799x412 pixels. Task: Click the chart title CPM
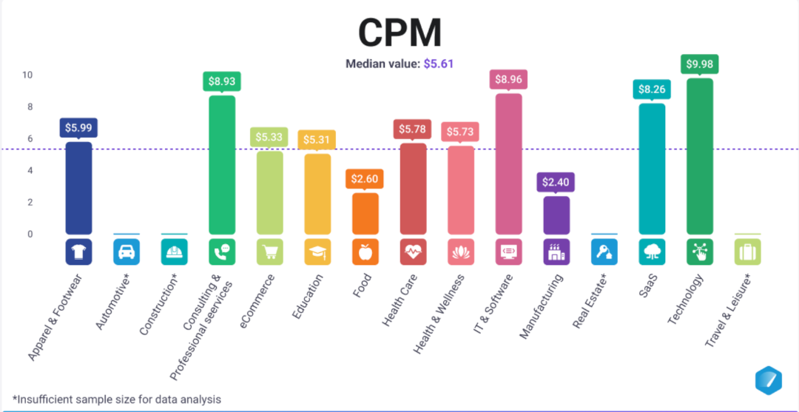pos(399,32)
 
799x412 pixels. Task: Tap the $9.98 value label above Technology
pos(699,64)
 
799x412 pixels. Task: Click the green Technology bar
pos(699,156)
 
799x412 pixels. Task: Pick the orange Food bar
pos(365,213)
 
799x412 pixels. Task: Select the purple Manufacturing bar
pos(556,215)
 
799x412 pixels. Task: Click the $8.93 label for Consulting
pos(222,81)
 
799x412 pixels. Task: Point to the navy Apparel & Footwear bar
pos(78,188)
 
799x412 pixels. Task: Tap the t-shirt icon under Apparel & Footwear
pos(78,252)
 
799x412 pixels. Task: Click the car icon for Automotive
pos(126,252)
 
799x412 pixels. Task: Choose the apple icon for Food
pos(365,252)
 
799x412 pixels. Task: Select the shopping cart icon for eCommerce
pos(269,252)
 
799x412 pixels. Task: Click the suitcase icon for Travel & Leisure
pos(747,252)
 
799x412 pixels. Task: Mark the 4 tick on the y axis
pos(30,170)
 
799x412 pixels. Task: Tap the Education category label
pos(308,296)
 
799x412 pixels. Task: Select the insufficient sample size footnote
pos(116,399)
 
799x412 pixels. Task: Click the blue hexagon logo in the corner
pos(768,379)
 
